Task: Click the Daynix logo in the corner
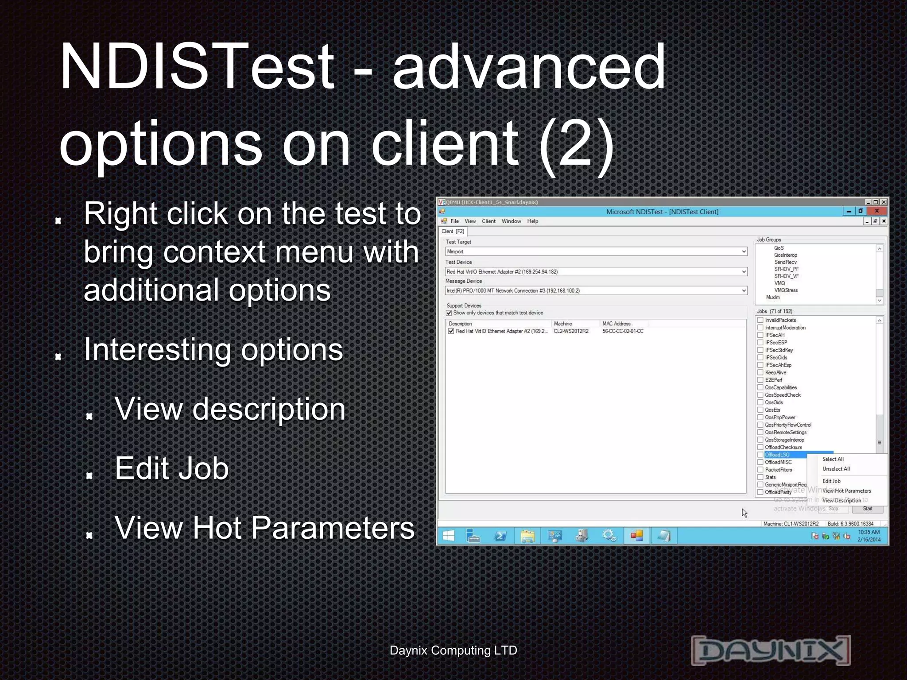(771, 650)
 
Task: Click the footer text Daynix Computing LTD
(453, 650)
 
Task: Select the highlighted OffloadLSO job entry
(777, 455)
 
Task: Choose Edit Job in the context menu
(831, 481)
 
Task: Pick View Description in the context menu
(841, 500)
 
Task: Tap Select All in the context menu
(833, 459)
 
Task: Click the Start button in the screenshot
(868, 509)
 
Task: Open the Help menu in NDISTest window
(532, 221)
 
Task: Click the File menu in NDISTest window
(454, 221)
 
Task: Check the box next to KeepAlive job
(760, 372)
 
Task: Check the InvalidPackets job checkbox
(760, 320)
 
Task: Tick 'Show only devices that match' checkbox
(449, 313)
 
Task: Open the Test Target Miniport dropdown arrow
(744, 251)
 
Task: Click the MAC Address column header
(616, 324)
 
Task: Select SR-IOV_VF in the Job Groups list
(787, 276)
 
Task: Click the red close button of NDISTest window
(876, 211)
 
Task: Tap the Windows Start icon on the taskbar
(448, 536)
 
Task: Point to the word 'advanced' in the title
(529, 66)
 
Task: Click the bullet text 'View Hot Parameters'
(264, 528)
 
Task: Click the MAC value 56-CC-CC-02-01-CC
(623, 331)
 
